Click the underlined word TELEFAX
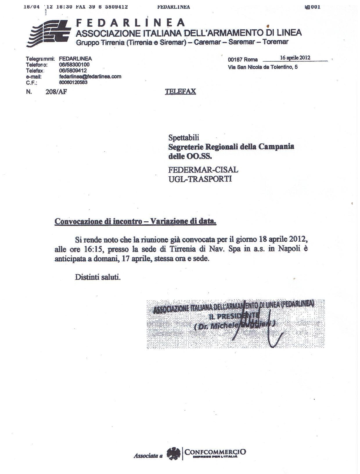pyautogui.click(x=180, y=91)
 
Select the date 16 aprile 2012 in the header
pyautogui.click(x=295, y=58)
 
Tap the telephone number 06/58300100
pyautogui.click(x=74, y=64)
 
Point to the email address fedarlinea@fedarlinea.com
pyautogui.click(x=90, y=76)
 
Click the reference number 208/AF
pyautogui.click(x=56, y=92)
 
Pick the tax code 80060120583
pyautogui.click(x=73, y=82)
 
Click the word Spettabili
pyautogui.click(x=184, y=137)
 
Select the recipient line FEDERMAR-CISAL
pyautogui.click(x=203, y=169)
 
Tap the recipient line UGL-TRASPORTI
pyautogui.click(x=200, y=179)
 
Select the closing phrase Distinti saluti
pyautogui.click(x=98, y=277)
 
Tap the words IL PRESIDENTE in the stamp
pyautogui.click(x=234, y=316)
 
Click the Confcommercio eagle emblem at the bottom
pyautogui.click(x=173, y=454)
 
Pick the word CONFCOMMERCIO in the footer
pyautogui.click(x=215, y=452)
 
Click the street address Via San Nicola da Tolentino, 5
pyautogui.click(x=263, y=67)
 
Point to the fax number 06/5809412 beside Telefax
pyautogui.click(x=73, y=71)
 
